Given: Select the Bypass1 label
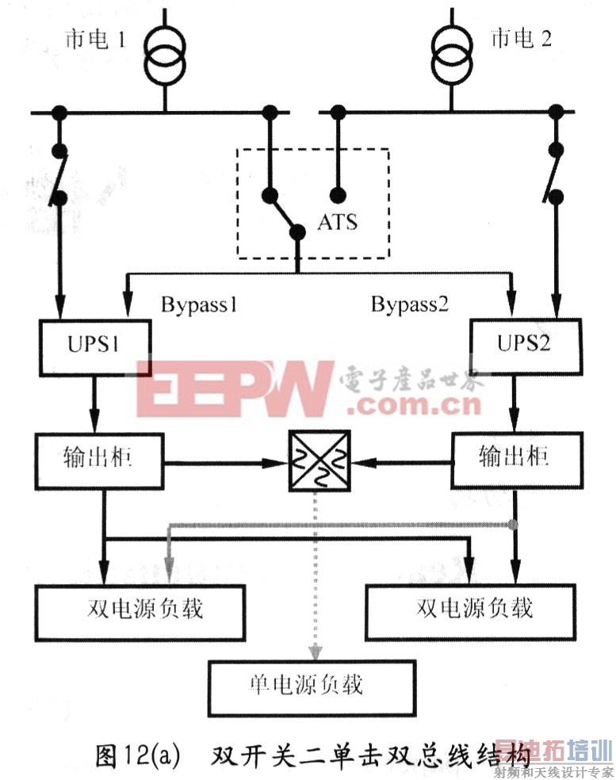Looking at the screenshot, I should pyautogui.click(x=199, y=304).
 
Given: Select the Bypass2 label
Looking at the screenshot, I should pyautogui.click(x=410, y=304).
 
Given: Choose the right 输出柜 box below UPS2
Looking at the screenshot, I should pyautogui.click(x=515, y=460).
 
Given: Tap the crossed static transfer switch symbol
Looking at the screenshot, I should pyautogui.click(x=318, y=459).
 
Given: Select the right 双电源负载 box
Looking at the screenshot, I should pyautogui.click(x=473, y=609).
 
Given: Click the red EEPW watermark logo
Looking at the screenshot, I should pyautogui.click(x=235, y=388).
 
